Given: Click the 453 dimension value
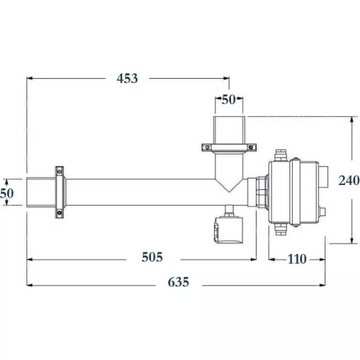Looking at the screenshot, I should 127,78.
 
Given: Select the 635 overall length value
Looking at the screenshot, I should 177,282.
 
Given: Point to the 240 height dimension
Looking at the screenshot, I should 348,180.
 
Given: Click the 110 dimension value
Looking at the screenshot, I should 297,259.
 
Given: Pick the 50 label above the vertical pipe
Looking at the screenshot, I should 229,100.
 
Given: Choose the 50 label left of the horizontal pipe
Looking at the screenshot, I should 7,193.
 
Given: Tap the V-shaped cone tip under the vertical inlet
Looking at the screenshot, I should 229,188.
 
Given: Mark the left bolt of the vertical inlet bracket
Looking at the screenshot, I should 205,147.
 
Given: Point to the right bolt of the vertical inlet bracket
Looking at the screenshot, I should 253,147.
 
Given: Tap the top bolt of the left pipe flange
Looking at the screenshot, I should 60,170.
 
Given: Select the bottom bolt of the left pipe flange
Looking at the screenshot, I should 60,214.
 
